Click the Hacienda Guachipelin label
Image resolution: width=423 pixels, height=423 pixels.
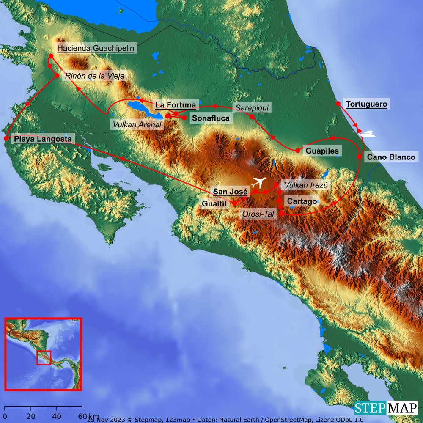[96, 48]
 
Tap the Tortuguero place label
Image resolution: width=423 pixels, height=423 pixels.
[366, 104]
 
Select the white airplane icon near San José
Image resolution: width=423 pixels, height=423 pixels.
[259, 183]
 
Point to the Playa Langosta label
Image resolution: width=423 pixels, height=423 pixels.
[44, 139]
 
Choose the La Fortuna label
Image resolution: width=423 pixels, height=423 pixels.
[176, 104]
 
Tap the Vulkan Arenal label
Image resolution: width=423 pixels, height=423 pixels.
[136, 125]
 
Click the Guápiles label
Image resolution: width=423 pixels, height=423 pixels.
[321, 151]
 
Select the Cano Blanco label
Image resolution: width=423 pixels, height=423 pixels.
[391, 157]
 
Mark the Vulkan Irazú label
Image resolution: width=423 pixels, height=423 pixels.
[306, 185]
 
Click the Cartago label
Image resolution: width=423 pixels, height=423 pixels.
[302, 201]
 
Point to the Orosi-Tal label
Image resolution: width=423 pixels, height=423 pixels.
[258, 214]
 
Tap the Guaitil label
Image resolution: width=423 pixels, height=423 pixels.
[214, 204]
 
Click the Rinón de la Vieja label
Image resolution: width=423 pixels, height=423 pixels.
[94, 76]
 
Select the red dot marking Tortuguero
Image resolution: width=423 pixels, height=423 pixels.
[338, 104]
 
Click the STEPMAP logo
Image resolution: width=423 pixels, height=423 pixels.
[386, 408]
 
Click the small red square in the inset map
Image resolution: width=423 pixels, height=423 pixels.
[44, 358]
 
